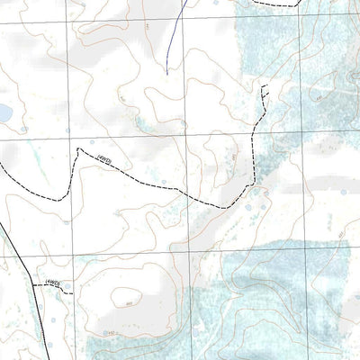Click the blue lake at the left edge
[4, 112]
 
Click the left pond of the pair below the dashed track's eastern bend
[248, 208]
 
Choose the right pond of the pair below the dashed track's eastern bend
[263, 206]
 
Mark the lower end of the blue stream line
[167, 70]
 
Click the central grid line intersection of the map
[186, 138]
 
